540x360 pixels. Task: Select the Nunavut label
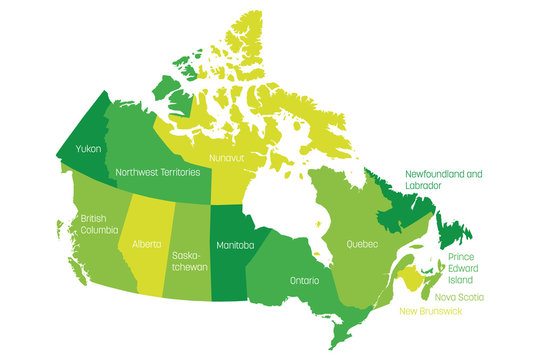tap(228, 158)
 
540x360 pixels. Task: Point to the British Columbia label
tap(94, 224)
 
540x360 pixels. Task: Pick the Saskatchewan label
tap(189, 261)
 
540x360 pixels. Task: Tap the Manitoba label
tap(236, 244)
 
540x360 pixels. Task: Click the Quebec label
tap(361, 244)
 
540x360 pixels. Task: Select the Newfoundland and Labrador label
tap(443, 179)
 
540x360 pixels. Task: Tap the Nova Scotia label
tap(459, 297)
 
